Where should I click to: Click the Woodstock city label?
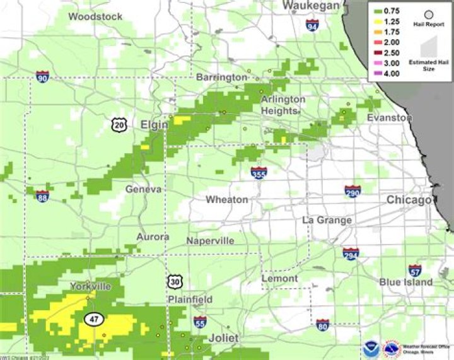pos(95,16)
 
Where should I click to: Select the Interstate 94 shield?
pos(311,25)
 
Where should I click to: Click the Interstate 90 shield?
pos(43,78)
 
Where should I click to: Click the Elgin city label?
pos(154,124)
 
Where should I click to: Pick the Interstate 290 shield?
pos(352,192)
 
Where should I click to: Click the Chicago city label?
pos(409,200)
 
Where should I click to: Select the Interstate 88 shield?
pos(42,196)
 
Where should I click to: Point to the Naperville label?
pos(210,241)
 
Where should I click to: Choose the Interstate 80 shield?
pos(322,325)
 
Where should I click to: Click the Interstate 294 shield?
pos(351,253)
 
